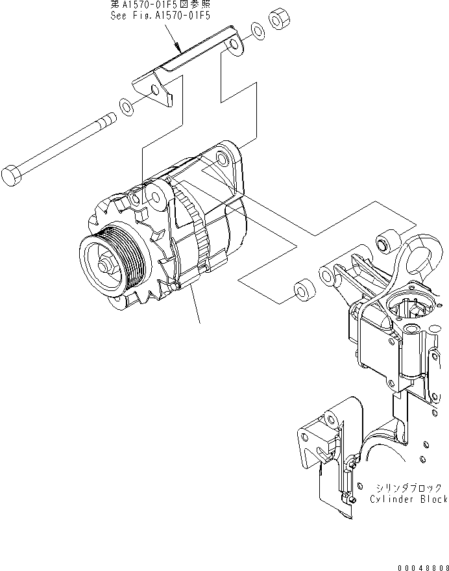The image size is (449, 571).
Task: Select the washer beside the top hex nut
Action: [258, 30]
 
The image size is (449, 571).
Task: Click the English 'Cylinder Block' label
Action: [409, 499]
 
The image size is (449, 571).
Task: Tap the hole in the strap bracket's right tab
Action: [234, 44]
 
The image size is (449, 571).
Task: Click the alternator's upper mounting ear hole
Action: [223, 159]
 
